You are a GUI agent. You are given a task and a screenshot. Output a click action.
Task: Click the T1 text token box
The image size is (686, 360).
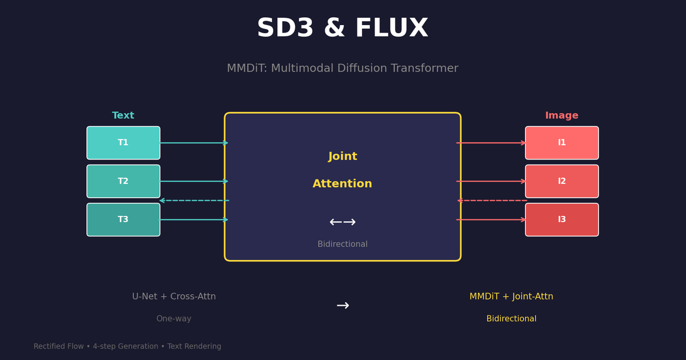(123, 143)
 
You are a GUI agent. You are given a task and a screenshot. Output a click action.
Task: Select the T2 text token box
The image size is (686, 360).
(123, 181)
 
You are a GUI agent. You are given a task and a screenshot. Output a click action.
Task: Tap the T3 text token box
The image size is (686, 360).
(123, 219)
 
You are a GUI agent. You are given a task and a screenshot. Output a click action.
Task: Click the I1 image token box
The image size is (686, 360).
(562, 143)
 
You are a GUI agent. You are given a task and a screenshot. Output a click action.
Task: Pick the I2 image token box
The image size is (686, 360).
(562, 181)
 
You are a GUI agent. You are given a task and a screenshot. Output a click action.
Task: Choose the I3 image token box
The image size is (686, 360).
(562, 219)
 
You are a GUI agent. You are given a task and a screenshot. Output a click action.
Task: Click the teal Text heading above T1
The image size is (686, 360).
(123, 116)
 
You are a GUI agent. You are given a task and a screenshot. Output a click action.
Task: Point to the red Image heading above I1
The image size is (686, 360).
(562, 116)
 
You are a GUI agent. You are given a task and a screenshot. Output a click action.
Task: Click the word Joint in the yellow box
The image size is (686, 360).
(342, 157)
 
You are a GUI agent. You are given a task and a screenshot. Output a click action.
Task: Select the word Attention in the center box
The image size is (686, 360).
(342, 184)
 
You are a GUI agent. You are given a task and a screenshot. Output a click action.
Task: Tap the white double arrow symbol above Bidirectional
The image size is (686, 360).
(342, 222)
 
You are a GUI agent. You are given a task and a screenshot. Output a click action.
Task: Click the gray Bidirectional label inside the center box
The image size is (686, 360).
(342, 245)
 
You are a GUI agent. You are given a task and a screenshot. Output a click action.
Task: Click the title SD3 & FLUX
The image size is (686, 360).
(342, 29)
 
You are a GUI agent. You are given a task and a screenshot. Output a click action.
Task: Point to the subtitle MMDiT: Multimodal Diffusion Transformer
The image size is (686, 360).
(342, 69)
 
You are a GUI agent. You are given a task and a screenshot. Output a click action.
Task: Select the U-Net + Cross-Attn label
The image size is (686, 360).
(174, 297)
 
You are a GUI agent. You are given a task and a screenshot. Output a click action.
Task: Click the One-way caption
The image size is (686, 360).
(174, 319)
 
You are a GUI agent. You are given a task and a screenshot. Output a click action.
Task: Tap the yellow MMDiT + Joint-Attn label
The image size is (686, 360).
(511, 297)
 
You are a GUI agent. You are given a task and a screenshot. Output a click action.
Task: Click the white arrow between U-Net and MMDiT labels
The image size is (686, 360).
(342, 306)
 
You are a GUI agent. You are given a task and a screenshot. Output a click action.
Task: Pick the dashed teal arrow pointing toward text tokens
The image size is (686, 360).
(194, 201)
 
